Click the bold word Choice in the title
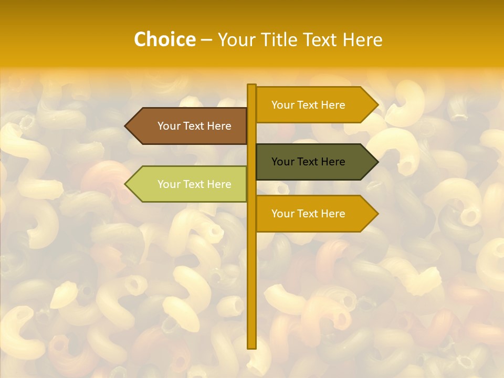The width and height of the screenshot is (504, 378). [164, 39]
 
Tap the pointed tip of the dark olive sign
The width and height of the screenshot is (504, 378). [377, 162]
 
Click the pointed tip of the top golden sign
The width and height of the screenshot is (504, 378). [377, 105]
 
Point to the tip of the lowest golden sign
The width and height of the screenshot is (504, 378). [377, 214]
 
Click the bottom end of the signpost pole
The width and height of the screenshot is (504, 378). [251, 346]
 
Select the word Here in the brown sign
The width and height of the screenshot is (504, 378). [219, 126]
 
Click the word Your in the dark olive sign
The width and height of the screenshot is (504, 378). [282, 162]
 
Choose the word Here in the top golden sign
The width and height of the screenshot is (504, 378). [333, 105]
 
